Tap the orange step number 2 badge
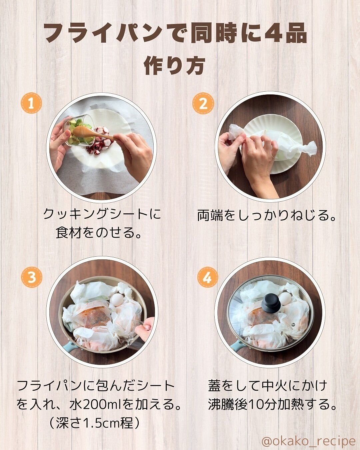[x=203, y=103]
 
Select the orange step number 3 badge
[x=31, y=277]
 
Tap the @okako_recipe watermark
[x=308, y=441]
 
